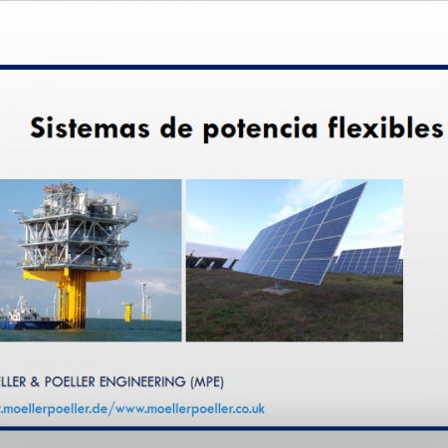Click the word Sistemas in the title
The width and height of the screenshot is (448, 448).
coord(90,127)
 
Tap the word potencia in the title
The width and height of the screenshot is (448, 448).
coord(261,129)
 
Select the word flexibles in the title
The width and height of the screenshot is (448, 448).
coord(385,126)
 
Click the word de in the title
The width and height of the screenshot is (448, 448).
coord(176,127)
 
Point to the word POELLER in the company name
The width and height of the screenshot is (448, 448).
coord(70,382)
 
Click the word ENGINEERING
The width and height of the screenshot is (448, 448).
coord(142,382)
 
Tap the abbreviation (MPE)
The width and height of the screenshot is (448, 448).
coord(207,382)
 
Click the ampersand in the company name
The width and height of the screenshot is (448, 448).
coord(35,382)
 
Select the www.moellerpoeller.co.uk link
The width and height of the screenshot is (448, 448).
coord(190,409)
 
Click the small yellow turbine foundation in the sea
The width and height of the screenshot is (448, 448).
coord(127,312)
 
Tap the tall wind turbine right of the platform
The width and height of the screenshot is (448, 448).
coord(144,298)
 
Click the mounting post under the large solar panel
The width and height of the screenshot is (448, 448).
coord(278,284)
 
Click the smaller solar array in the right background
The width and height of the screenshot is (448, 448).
coord(367,261)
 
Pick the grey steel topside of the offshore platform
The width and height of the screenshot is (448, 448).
coord(77,229)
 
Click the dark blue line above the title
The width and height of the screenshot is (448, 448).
coord(224,68)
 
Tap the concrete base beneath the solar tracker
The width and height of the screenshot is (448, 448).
coord(278,291)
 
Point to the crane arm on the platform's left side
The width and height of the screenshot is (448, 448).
coord(18,214)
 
